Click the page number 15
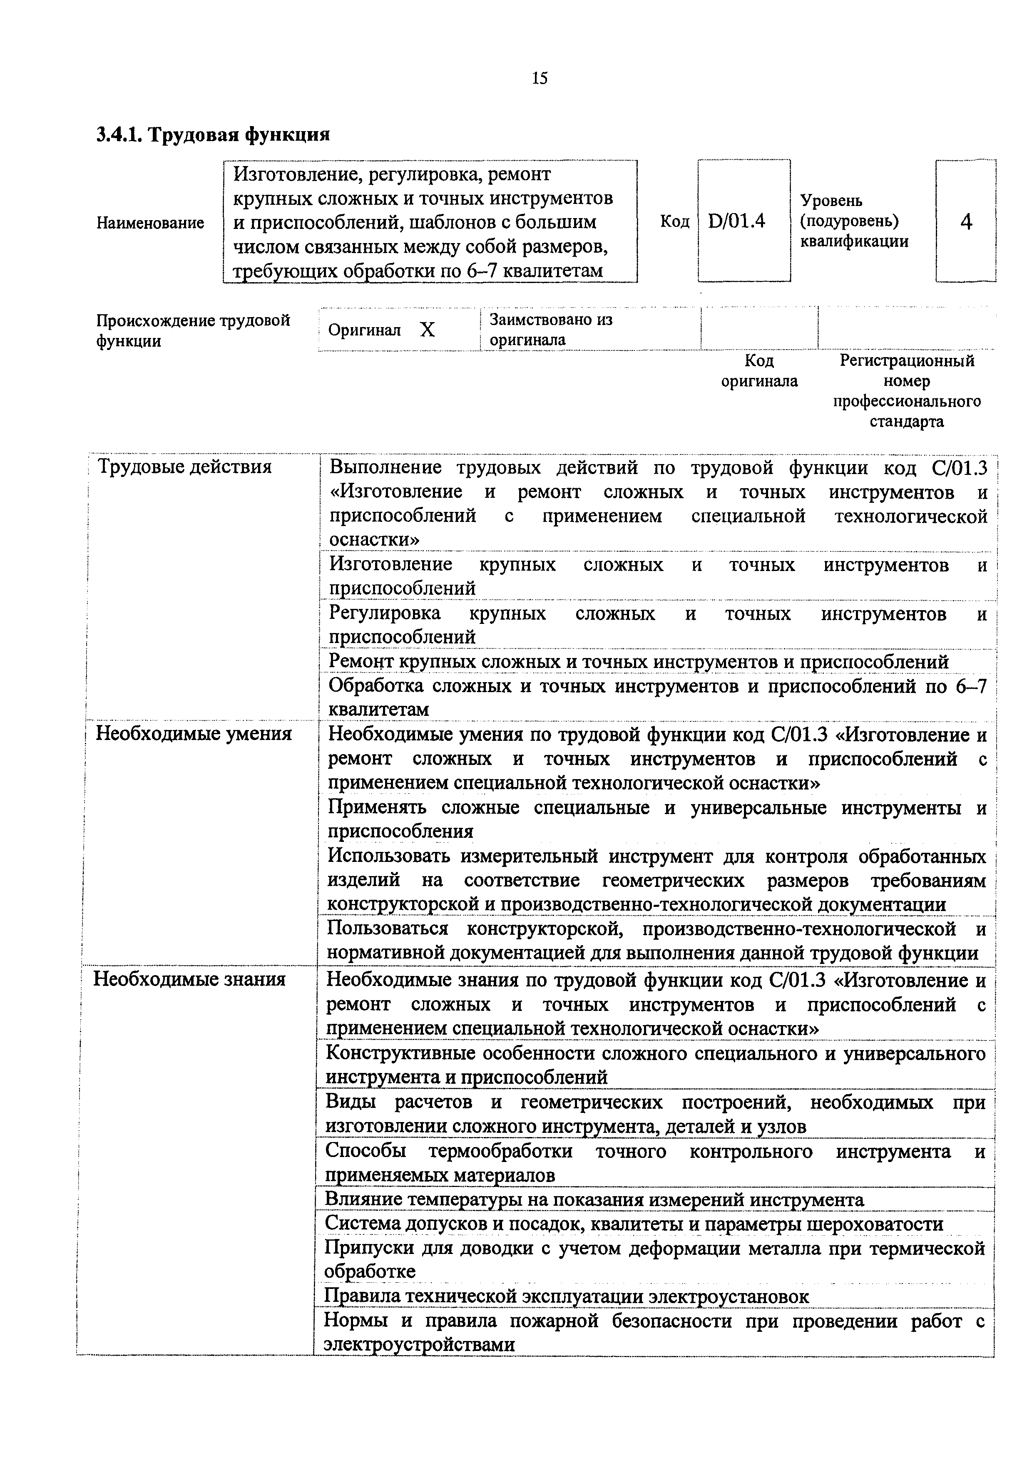(539, 79)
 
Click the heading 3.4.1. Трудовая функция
(213, 135)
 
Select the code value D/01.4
(736, 221)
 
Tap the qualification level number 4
(966, 222)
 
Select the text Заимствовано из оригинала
(551, 329)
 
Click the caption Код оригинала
(759, 371)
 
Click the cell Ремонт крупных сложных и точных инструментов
(638, 662)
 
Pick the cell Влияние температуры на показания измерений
(594, 1200)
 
